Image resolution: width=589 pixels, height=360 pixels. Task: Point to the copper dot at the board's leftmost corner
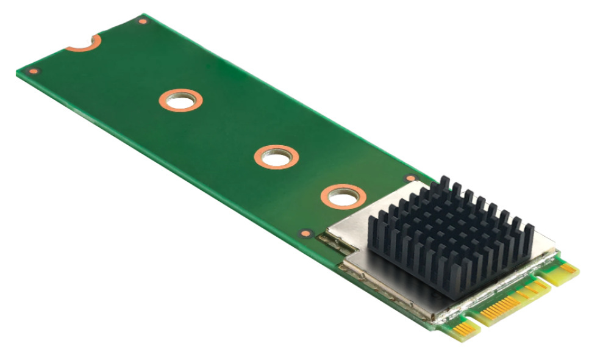34,71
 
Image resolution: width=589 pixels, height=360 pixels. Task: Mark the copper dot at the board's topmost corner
143,21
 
